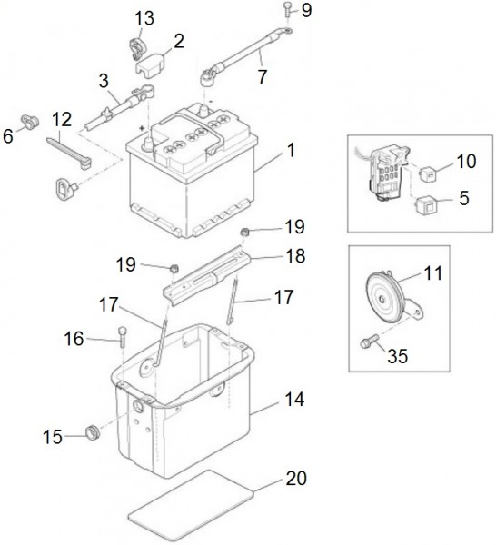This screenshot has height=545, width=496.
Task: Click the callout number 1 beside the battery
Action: pos(291,150)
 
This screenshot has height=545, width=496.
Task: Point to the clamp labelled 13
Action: pos(134,48)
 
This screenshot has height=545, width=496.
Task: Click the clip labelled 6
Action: pos(31,122)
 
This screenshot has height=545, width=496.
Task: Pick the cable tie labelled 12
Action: pos(68,153)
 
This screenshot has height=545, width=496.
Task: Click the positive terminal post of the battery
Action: pos(148,143)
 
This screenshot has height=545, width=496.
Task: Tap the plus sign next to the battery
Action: pos(142,128)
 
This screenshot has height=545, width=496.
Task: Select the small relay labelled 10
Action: pos(426,173)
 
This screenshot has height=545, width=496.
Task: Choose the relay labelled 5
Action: pos(425,204)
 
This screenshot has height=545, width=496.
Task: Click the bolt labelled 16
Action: pos(123,336)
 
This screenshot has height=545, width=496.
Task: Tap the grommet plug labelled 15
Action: pos(93,431)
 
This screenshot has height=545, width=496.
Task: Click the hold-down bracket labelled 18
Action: pos(208,274)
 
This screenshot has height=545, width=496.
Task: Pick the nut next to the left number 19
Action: pos(174,268)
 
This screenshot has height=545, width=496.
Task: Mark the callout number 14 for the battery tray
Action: pos(294,400)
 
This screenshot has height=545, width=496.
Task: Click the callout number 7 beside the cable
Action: pos(263,77)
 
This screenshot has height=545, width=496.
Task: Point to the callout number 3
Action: pos(104,81)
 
